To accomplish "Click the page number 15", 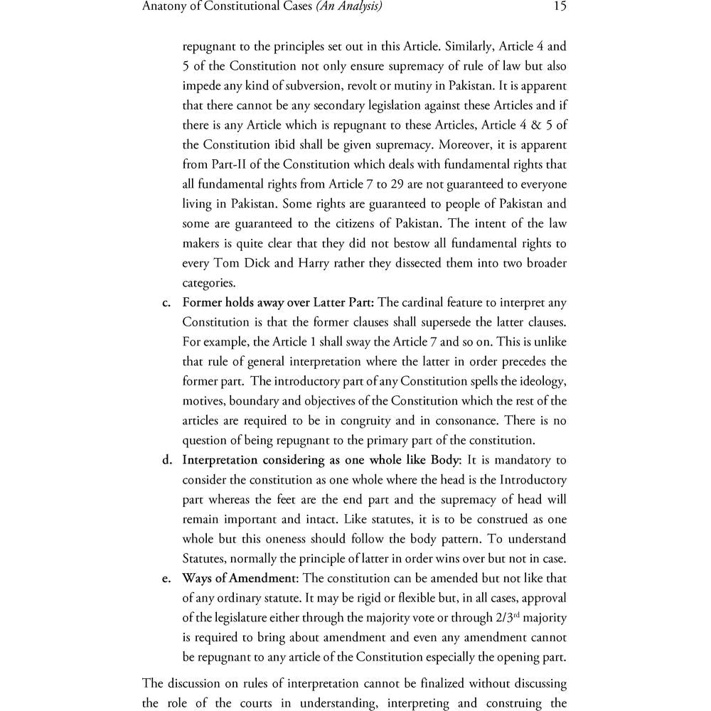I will pos(559,7).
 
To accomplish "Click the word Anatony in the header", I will pos(166,7).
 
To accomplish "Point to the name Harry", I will pos(315,263).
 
